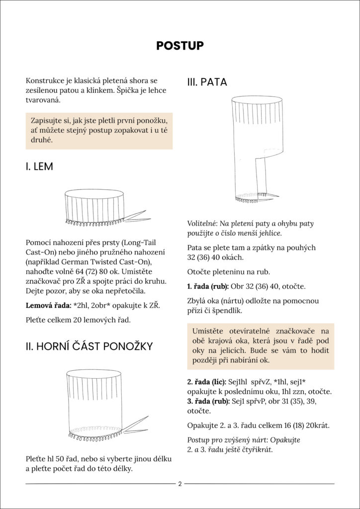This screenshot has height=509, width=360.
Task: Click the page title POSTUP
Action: click(180, 46)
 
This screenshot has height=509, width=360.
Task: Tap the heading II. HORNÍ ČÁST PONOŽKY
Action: click(89, 346)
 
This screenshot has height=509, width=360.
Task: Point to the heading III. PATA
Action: click(207, 83)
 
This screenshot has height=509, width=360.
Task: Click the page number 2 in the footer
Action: click(180, 483)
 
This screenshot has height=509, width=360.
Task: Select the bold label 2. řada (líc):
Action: click(206, 381)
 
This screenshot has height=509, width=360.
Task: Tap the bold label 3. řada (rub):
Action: click(207, 402)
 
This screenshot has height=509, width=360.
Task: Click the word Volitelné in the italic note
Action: click(202, 223)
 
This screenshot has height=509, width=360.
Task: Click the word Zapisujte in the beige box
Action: click(48, 121)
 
